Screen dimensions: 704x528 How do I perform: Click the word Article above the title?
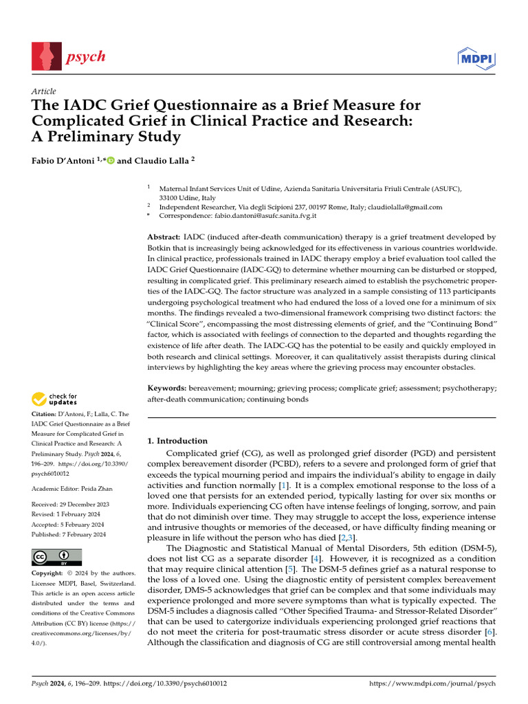pyautogui.click(x=44, y=91)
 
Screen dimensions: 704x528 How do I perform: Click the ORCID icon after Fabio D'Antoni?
pyautogui.click(x=110, y=160)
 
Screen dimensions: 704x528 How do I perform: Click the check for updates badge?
pyautogui.click(x=54, y=398)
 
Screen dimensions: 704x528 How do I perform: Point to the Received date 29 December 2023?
pyautogui.click(x=89, y=504)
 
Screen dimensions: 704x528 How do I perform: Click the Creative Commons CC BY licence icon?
pyautogui.click(x=56, y=558)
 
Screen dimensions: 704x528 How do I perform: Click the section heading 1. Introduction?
pyautogui.click(x=177, y=441)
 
